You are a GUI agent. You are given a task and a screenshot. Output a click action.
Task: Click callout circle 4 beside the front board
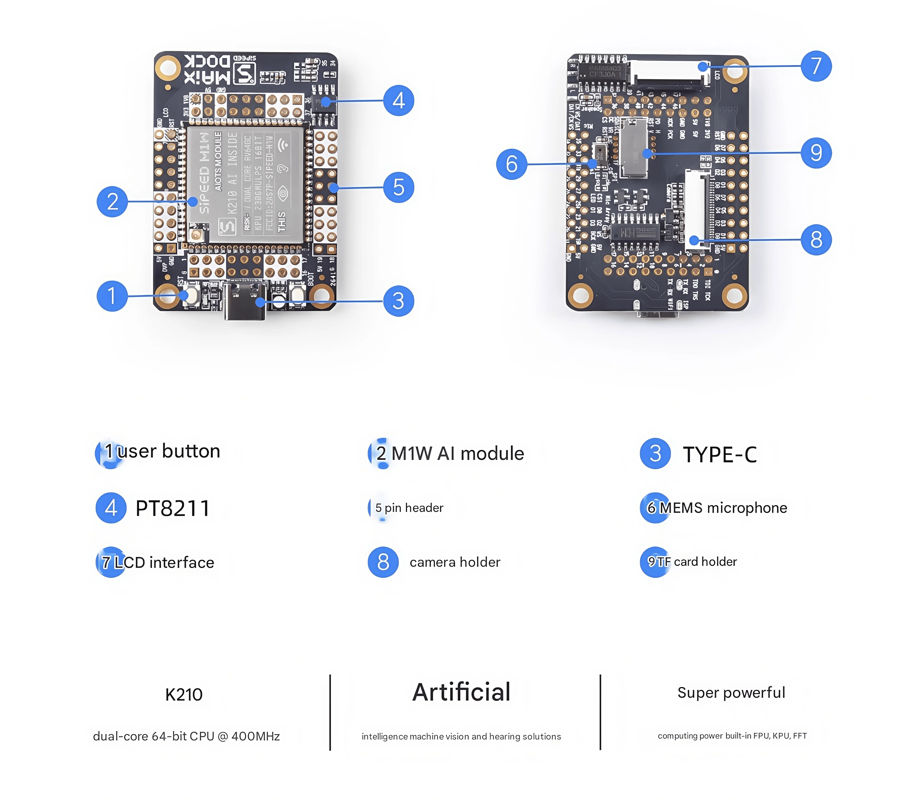[x=398, y=101]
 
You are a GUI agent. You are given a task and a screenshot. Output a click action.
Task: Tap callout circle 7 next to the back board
[x=816, y=66]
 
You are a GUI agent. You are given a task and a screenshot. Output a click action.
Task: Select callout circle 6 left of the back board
[x=511, y=164]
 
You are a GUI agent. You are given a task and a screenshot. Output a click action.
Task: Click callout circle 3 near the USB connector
[x=398, y=301]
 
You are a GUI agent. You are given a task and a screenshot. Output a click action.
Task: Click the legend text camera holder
[x=455, y=562]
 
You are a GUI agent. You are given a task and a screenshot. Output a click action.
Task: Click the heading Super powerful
[x=731, y=692]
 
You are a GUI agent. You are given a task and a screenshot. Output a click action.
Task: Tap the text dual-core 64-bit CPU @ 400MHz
[x=186, y=736]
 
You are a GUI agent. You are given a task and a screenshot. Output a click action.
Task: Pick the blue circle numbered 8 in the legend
[x=383, y=562]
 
